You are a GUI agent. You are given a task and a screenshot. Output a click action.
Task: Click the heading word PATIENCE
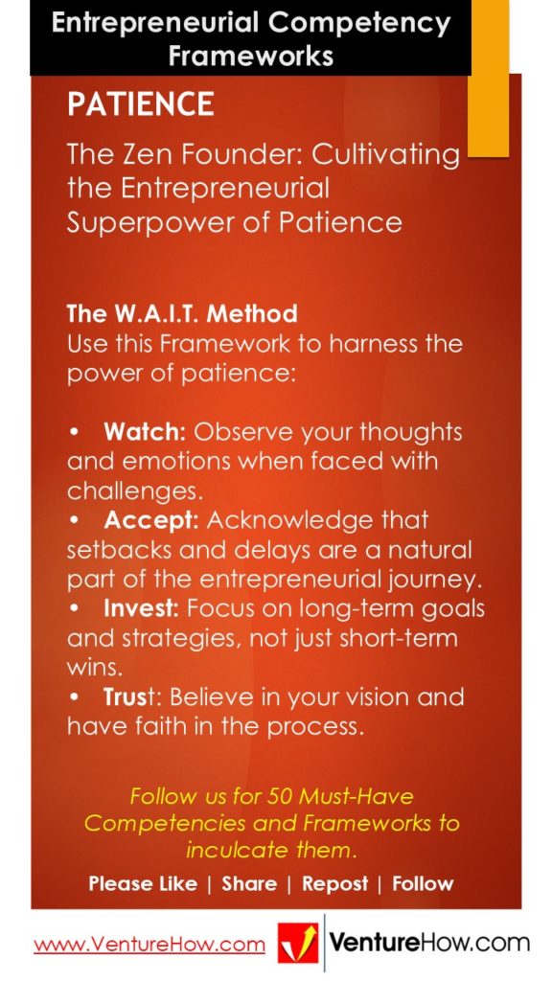coord(140,104)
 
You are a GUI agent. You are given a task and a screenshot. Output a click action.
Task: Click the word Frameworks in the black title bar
coord(250,55)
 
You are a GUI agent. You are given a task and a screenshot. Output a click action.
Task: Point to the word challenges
coord(135,490)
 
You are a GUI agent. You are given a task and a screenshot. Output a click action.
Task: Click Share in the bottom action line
coord(249,883)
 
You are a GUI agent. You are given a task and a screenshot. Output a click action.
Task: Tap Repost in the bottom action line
coord(334,883)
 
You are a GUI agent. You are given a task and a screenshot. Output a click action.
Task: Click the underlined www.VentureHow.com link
coord(149,945)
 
